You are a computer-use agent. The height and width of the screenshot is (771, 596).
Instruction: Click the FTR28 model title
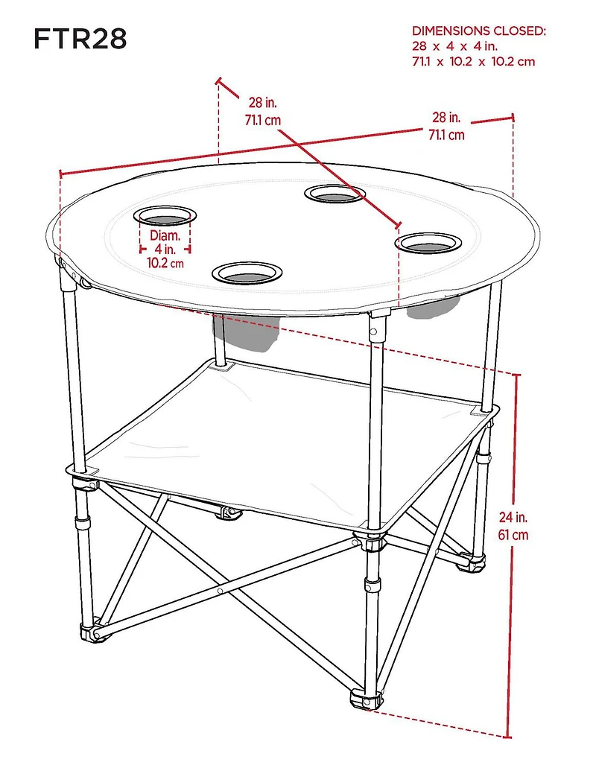pos(80,39)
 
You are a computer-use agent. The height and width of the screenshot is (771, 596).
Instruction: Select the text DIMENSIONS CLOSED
pos(479,31)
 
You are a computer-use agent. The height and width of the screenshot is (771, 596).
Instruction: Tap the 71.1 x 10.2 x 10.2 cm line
pos(473,62)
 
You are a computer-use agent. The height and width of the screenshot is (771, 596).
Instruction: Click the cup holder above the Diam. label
pos(165,216)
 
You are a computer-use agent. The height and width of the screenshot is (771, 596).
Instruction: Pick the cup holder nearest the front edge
pos(247,273)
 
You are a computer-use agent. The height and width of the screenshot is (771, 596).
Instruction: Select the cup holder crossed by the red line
pos(335,194)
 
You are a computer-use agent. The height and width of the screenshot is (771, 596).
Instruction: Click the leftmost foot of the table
pos(92,632)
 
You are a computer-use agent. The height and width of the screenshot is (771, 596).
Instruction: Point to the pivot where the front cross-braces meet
pos(221,590)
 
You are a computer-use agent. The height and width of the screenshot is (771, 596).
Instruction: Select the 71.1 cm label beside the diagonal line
pos(261,119)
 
